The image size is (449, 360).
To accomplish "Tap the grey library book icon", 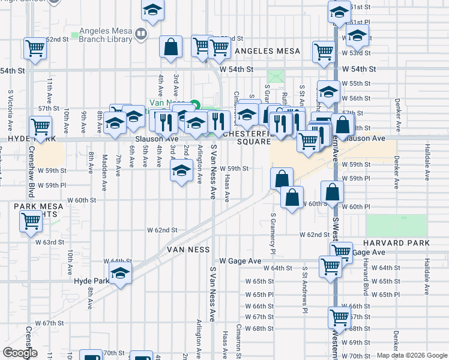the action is [142, 35].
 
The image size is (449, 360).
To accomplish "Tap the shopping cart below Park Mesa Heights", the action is [31, 221].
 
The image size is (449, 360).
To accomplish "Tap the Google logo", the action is [20, 353].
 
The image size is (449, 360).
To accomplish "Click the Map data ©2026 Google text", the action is [411, 355].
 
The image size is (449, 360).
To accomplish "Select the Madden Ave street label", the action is [104, 172].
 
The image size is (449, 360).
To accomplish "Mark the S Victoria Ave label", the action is [10, 112].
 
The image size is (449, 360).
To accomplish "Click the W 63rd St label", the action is [49, 242].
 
